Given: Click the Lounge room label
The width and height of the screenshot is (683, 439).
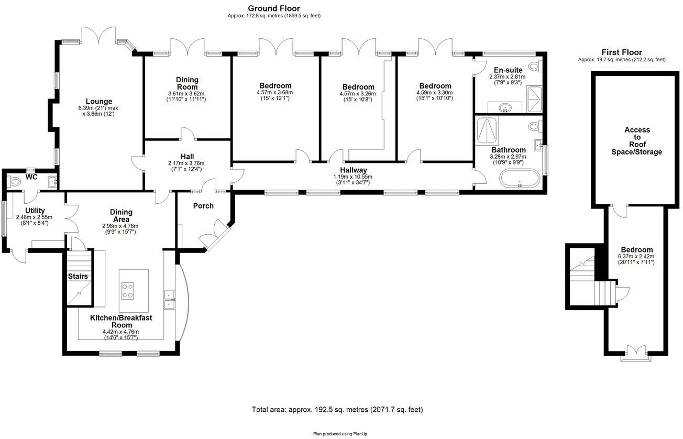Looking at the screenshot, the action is (x=99, y=101).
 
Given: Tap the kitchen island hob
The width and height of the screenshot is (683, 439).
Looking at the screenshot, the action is (x=127, y=291).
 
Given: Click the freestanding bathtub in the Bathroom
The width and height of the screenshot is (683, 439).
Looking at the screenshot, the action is (x=520, y=178).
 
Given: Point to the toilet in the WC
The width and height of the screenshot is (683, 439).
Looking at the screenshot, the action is (x=13, y=182).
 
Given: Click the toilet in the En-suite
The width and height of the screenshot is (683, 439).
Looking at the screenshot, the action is (x=535, y=66).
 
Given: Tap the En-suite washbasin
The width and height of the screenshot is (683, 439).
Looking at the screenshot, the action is (x=505, y=107).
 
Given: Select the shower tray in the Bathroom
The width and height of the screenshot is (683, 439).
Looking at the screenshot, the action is (x=487, y=130).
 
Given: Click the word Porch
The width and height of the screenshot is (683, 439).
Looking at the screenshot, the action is (x=203, y=206).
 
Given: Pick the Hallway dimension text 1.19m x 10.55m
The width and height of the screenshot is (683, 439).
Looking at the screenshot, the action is (x=353, y=177).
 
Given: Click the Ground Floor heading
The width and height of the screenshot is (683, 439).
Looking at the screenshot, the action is (x=274, y=8).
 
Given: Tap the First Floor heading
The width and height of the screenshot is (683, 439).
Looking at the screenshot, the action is (x=622, y=52).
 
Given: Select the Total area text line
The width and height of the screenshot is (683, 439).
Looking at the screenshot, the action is (x=337, y=410).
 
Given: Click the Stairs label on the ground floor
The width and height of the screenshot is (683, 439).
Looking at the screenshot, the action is (x=78, y=276).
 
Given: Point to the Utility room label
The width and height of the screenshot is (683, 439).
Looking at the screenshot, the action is (x=35, y=211).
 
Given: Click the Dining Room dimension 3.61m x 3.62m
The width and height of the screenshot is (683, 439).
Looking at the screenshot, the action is (x=186, y=94).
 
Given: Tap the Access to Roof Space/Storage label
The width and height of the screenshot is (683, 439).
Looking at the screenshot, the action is (x=637, y=141).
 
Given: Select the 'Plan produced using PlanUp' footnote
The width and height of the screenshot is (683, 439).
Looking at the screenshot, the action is (x=340, y=434).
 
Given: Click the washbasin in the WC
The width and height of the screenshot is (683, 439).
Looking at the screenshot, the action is (x=53, y=182).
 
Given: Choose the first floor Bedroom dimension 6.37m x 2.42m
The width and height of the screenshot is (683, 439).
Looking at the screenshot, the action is (x=636, y=256).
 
